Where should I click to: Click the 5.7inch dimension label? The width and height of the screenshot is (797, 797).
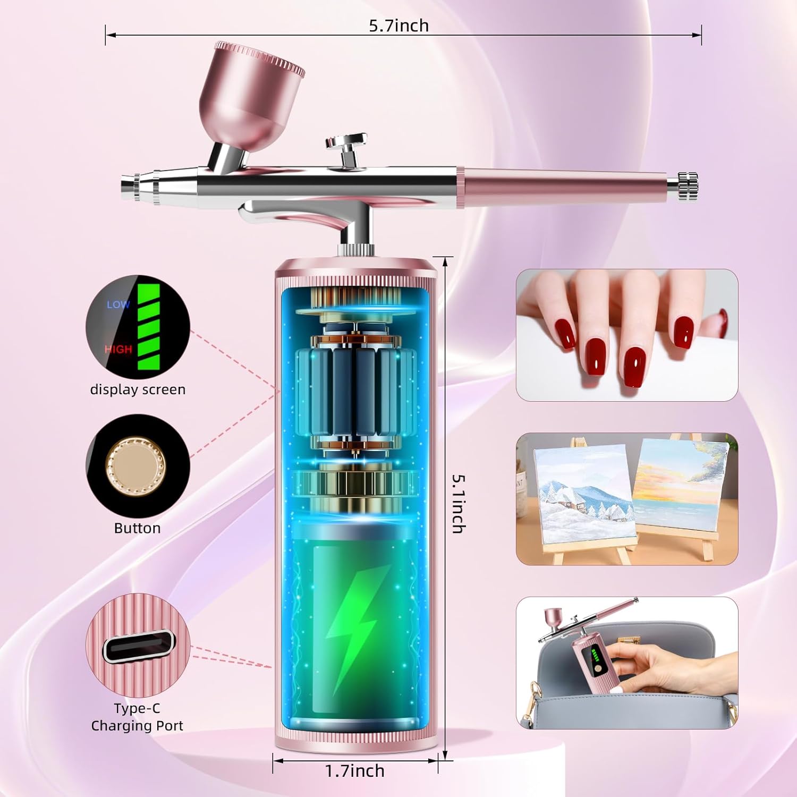[x=398, y=26]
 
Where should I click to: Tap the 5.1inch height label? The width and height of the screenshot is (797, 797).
[x=459, y=503]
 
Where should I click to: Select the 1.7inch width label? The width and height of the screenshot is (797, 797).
[x=354, y=770]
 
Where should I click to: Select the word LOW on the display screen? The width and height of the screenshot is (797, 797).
[x=118, y=304]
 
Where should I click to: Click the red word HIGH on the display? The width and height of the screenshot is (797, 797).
[x=118, y=349]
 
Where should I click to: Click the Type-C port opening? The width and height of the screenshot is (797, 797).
[x=139, y=646]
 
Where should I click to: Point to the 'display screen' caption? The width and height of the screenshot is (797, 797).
[x=138, y=389]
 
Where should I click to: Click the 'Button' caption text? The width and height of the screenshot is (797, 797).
[x=137, y=528]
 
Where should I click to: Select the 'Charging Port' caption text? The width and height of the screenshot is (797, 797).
[x=137, y=726]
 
